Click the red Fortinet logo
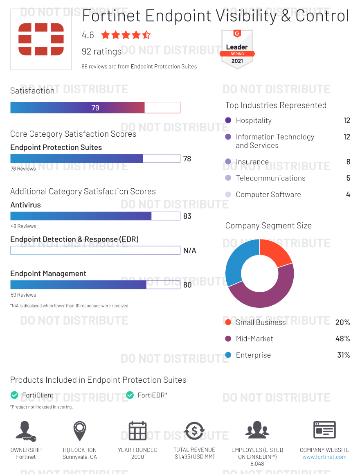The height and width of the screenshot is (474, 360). pos(41,39)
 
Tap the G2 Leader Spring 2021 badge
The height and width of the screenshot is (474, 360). pos(237,49)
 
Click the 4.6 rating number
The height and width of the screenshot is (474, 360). pos(88,35)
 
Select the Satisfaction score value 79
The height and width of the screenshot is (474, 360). pos(95,108)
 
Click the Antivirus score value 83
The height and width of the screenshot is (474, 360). pos(187,216)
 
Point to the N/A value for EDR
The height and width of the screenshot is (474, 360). pos(190,251)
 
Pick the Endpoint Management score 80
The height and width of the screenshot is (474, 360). pos(187,285)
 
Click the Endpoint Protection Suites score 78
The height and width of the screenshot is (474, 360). pos(187,159)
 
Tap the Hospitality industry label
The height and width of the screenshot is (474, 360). pos(254,120)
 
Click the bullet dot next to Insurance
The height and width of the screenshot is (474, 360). pos(228,162)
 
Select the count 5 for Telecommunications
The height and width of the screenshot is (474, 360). pos(348,178)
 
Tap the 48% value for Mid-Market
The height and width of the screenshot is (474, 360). pos(342,339)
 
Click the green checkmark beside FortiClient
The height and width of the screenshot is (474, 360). pos(14,395)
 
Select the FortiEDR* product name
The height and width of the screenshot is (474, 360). pos(153,395)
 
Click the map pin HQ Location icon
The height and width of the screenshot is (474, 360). pos(79,431)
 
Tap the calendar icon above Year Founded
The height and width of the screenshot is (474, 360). pos(137,431)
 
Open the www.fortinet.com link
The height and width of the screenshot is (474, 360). pos(324,457)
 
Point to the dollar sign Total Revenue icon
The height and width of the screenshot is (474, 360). pos(194,431)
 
